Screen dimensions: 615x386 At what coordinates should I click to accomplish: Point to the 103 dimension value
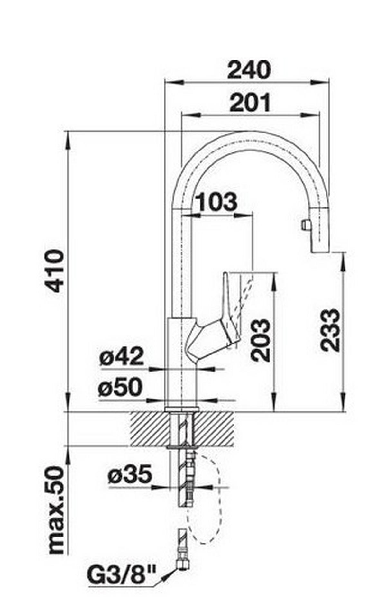pos(216,202)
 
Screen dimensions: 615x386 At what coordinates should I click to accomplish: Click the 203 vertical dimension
pos(260,340)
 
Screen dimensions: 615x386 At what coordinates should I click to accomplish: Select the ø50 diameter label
pos(120,387)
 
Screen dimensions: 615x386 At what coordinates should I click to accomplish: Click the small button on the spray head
pos(304,224)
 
